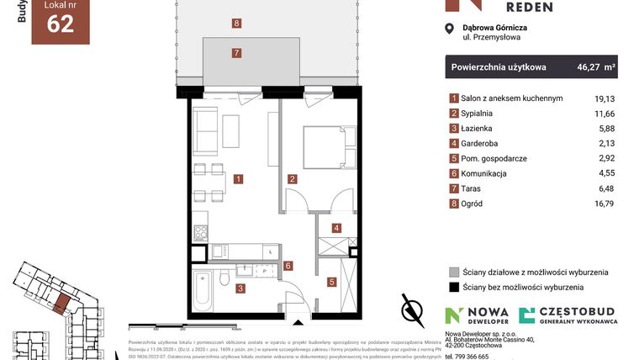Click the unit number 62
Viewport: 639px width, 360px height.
[x=61, y=24]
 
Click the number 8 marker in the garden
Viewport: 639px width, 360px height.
[x=237, y=24]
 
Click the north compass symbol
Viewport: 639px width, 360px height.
[x=412, y=309]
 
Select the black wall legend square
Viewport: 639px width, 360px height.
[x=454, y=287]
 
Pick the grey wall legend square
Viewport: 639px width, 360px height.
[x=454, y=272]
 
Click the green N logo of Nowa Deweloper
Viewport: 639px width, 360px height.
[x=454, y=315]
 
